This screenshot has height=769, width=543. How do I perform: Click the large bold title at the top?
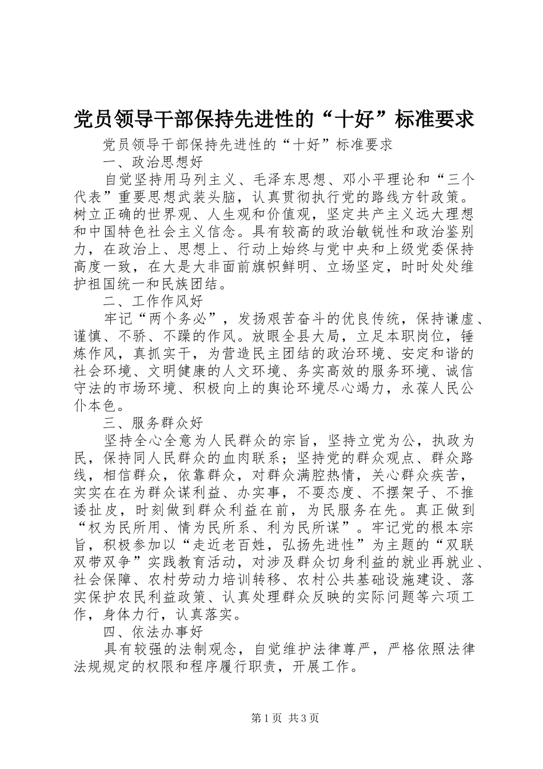[x=274, y=119]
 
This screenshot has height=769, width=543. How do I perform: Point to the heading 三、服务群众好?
[x=154, y=423]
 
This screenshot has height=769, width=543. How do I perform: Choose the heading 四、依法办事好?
[x=154, y=631]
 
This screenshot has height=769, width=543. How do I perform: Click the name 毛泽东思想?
[x=285, y=180]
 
